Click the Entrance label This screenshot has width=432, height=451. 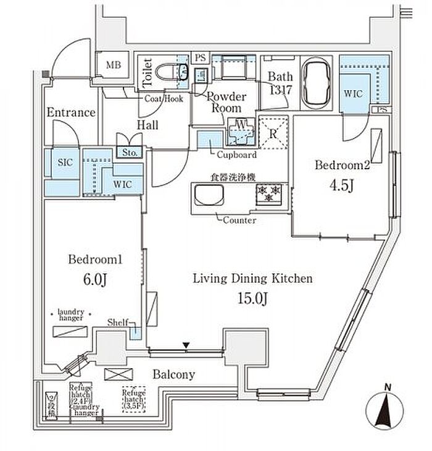point(71,112)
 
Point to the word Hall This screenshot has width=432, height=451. point(147,125)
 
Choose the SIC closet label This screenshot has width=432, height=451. point(65,162)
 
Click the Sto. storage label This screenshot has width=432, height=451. point(130,152)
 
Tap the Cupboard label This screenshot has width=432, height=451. point(238,155)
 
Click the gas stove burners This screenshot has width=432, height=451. point(267,193)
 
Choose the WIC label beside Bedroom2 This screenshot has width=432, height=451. point(353,94)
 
